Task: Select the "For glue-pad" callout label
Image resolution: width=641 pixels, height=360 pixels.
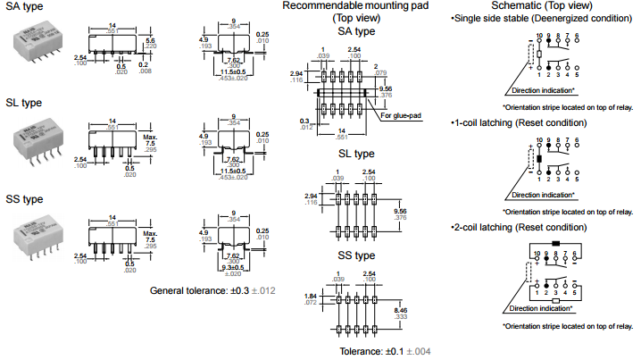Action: [399, 114]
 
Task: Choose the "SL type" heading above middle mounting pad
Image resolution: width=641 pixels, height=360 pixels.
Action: [355, 153]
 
